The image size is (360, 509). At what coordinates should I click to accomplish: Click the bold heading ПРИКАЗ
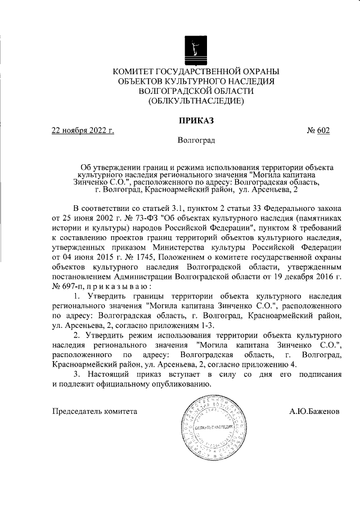point(196,120)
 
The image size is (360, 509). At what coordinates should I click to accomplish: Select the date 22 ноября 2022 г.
point(83,130)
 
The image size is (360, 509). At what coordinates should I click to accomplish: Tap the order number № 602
point(318,130)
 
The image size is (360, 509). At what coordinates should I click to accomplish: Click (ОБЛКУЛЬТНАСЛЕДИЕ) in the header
point(196,101)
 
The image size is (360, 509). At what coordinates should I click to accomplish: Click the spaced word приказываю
point(116,285)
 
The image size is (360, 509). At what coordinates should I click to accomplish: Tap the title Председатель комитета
point(94,411)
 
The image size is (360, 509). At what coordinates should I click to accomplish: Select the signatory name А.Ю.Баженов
point(314,411)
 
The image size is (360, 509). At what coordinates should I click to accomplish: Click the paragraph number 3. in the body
point(78,374)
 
